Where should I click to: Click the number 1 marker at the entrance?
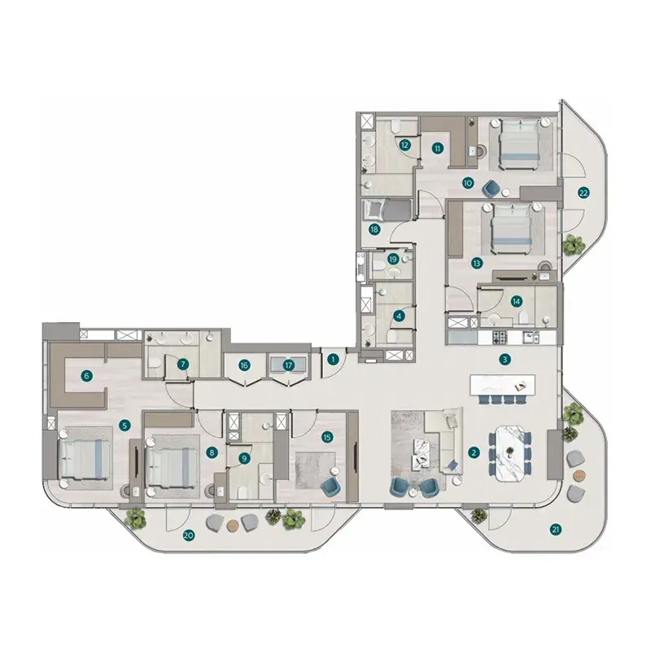pyautogui.click(x=333, y=359)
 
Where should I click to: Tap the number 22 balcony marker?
pyautogui.click(x=583, y=193)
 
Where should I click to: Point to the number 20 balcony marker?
pyautogui.click(x=189, y=535)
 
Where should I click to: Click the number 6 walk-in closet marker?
pyautogui.click(x=86, y=376)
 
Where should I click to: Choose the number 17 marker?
pyautogui.click(x=289, y=365)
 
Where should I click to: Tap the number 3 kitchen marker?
pyautogui.click(x=505, y=359)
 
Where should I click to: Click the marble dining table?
pyautogui.click(x=509, y=452)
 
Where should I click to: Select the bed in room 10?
pyautogui.click(x=521, y=143)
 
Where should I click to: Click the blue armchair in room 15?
pyautogui.click(x=331, y=486)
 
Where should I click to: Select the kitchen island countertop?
pyautogui.click(x=502, y=385)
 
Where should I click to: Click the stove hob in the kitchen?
pyautogui.click(x=500, y=337)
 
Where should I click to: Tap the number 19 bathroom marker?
pyautogui.click(x=393, y=259)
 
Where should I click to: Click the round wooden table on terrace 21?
pyautogui.click(x=579, y=475)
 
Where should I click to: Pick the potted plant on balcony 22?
pyautogui.click(x=574, y=245)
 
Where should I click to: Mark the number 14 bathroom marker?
pyautogui.click(x=516, y=301)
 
